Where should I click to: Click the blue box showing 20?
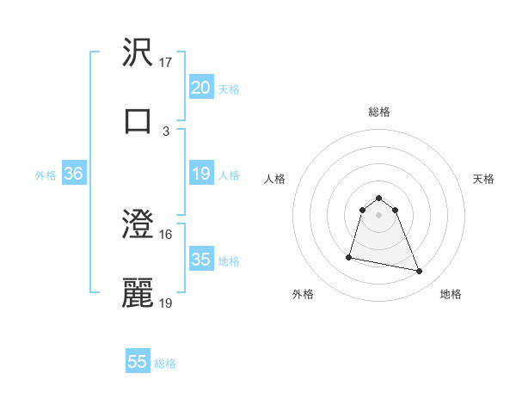point(200,87)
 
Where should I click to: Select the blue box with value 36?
point(74,174)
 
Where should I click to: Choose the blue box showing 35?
point(200,260)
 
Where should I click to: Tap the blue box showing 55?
point(138,362)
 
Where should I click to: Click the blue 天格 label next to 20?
point(229,89)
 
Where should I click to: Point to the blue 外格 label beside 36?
point(46,174)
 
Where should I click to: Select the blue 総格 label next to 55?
point(165,364)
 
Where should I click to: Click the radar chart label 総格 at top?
point(379,112)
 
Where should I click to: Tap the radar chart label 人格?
point(275,179)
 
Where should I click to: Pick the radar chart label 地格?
point(451,294)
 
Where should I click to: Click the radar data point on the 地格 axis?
point(420,272)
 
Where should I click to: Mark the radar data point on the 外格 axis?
point(349,256)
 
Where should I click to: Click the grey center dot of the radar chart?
point(379,214)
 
